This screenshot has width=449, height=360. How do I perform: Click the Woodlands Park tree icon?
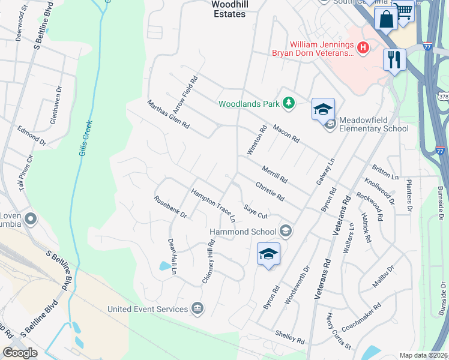(x=289, y=103)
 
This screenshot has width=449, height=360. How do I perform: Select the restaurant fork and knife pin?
(x=394, y=60)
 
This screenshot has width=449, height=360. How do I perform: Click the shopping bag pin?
(x=385, y=19)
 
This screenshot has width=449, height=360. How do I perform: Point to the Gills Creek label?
(x=85, y=138)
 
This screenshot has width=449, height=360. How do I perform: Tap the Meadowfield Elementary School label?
(x=373, y=124)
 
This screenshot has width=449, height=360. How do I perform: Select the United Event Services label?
(x=147, y=309)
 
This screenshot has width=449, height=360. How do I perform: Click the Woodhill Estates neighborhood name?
(x=229, y=9)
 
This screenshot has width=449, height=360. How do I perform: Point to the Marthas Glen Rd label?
(x=169, y=115)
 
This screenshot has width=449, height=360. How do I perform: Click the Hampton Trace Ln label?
(x=213, y=206)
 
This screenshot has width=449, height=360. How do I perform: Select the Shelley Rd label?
(x=290, y=337)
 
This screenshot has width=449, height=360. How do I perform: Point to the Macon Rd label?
(x=286, y=133)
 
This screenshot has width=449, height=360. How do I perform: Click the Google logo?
(x=20, y=353)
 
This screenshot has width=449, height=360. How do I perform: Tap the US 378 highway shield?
(x=443, y=97)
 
